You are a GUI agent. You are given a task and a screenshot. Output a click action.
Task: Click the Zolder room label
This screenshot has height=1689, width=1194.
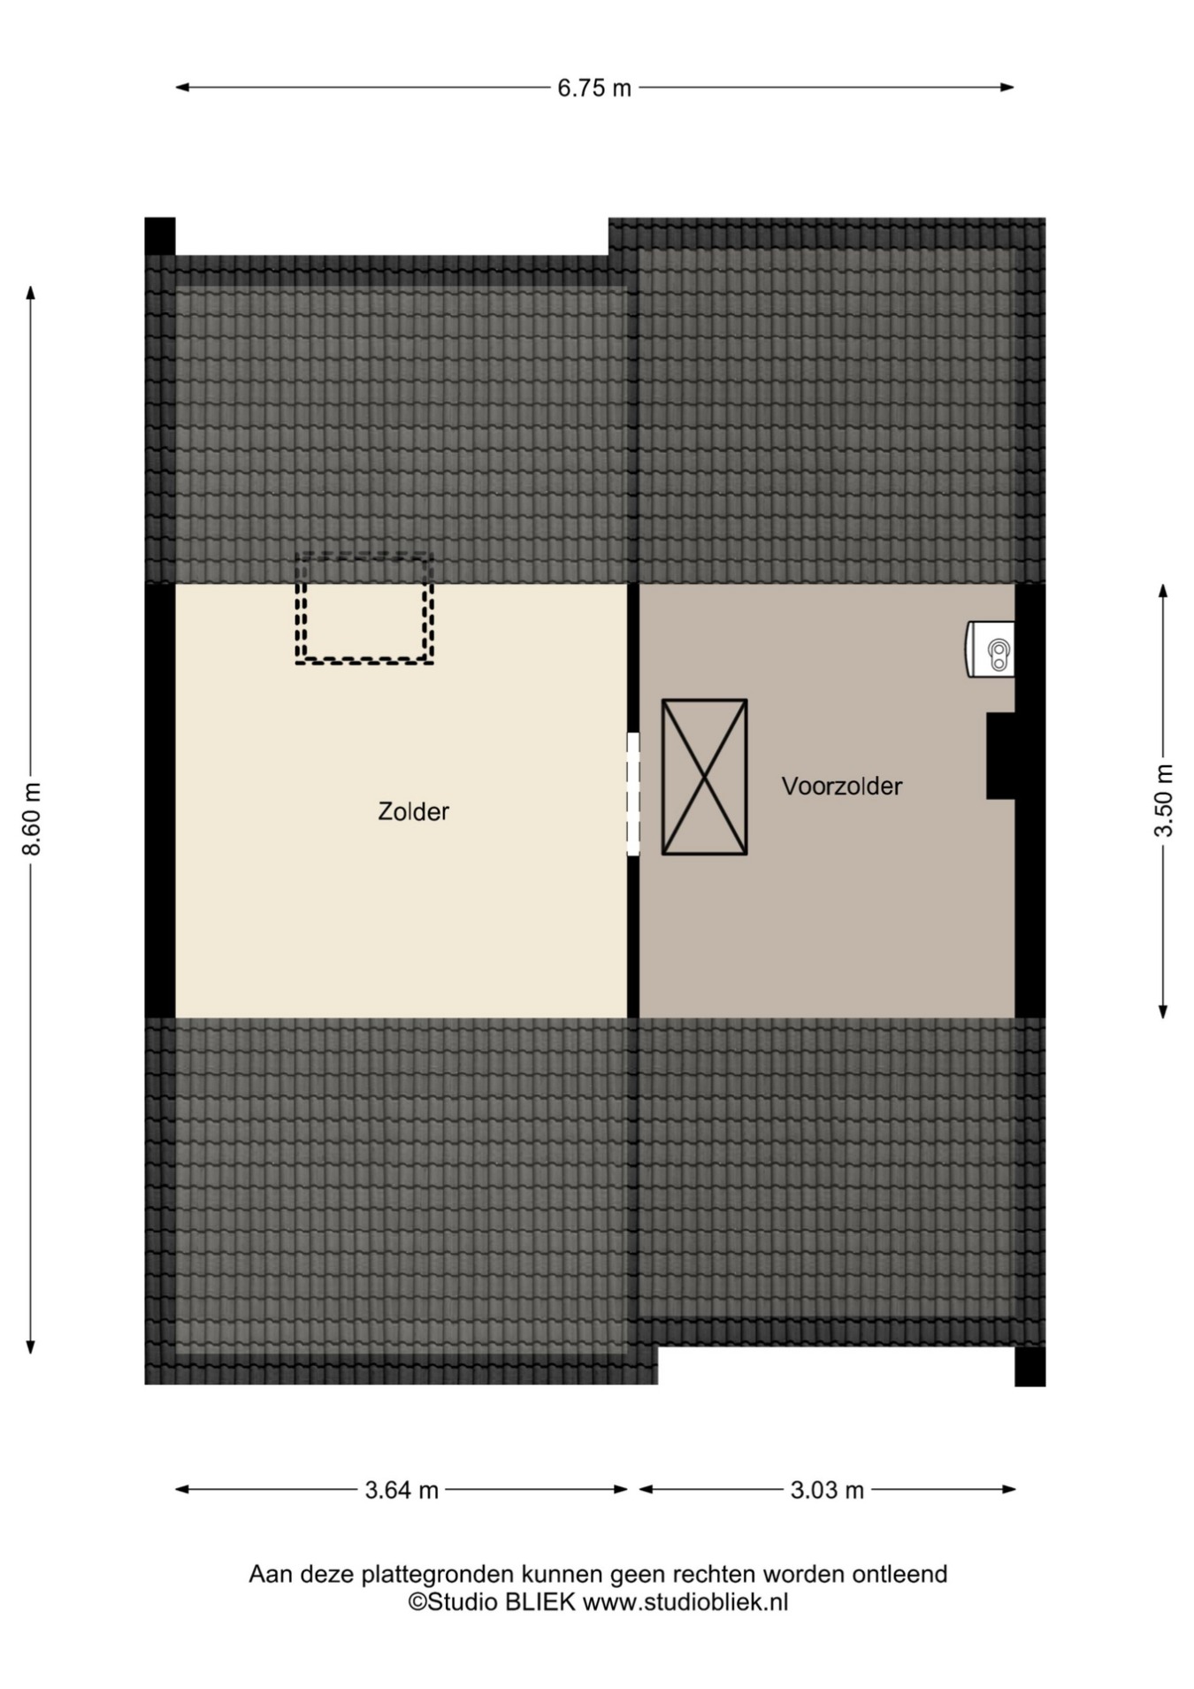pos(413,811)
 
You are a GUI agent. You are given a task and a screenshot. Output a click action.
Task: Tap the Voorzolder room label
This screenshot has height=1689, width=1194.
pos(842,786)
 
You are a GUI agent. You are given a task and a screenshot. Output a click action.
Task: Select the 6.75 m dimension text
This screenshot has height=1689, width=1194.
pos(594,88)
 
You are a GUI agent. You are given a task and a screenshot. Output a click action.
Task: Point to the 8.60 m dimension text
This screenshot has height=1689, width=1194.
pos(32,818)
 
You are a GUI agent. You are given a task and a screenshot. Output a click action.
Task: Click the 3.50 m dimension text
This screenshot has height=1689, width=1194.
pos(1164,800)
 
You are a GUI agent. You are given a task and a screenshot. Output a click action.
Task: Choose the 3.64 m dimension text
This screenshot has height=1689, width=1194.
pos(402,1490)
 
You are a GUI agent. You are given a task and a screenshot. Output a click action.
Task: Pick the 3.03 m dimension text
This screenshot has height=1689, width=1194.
pos(827,1490)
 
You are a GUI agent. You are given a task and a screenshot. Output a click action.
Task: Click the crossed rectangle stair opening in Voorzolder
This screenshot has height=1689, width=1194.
pos(705,777)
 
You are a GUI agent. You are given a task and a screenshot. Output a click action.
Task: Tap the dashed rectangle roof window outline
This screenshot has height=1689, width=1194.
pos(364,660)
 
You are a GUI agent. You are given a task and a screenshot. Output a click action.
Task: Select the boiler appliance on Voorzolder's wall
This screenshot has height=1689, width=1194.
pos(991,649)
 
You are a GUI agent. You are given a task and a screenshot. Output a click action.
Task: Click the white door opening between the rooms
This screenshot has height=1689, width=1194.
pos(633,794)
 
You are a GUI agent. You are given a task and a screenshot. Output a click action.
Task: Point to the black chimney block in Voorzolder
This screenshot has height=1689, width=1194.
pos(1001,756)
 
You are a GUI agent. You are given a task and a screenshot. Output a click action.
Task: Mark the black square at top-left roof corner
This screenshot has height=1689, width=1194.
pos(160,236)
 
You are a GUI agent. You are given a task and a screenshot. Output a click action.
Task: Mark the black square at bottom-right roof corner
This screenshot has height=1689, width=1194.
pos(1030,1367)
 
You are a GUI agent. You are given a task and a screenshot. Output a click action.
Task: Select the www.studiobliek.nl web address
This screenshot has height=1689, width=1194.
pos(685,1601)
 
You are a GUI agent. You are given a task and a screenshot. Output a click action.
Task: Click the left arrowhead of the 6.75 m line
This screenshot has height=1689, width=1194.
pos(182,88)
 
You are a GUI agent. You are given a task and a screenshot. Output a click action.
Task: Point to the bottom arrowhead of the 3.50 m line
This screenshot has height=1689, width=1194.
pos(1164,1011)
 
